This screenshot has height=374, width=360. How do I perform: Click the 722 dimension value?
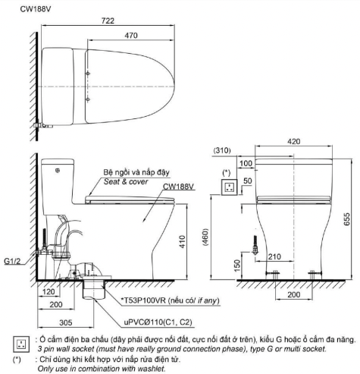(108, 20)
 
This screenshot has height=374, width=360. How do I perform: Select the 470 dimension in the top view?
(131, 35)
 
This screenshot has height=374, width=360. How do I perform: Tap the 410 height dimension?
(183, 241)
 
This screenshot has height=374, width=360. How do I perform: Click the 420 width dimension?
(293, 141)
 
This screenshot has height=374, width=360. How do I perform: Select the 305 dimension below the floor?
(66, 322)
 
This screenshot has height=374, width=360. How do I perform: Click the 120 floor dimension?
(49, 291)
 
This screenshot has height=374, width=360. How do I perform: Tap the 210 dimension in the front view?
(274, 257)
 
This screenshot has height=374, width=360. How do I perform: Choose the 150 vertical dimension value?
(237, 266)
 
